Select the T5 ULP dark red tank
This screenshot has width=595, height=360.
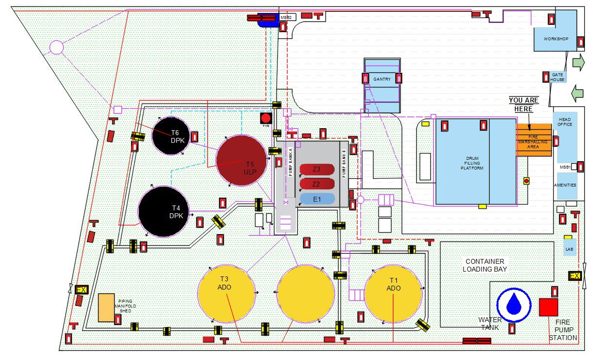pyautogui.click(x=241, y=160)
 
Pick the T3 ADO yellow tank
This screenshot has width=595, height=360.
pyautogui.click(x=226, y=293)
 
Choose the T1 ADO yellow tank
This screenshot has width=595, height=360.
pyautogui.click(x=393, y=293)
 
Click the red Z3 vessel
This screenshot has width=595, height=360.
pyautogui.click(x=317, y=170)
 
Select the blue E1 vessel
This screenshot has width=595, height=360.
pyautogui.click(x=317, y=199)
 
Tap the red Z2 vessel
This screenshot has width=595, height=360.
pyautogui.click(x=317, y=184)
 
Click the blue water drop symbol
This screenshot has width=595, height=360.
pyautogui.click(x=514, y=305)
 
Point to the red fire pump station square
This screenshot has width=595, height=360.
pyautogui.click(x=548, y=307)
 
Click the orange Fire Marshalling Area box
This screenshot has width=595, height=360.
pyautogui.click(x=534, y=140)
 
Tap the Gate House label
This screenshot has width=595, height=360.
pyautogui.click(x=557, y=77)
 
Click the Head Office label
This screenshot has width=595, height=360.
pyautogui.click(x=565, y=122)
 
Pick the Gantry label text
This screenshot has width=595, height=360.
pyautogui.click(x=382, y=79)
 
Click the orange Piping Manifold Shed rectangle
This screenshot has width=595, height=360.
pyautogui.click(x=106, y=308)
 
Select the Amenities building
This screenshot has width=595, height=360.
pyautogui.click(x=565, y=186)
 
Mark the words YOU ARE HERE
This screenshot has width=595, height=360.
pyautogui.click(x=524, y=104)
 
